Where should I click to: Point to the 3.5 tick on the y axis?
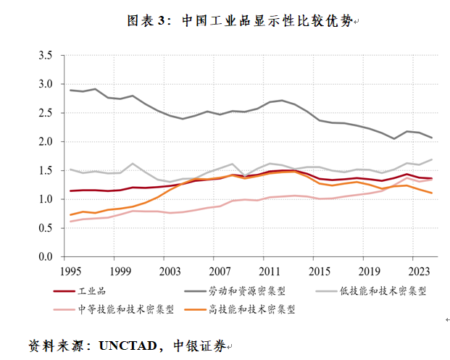45,55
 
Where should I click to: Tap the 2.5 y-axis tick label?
45,113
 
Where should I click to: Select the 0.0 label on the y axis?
45,257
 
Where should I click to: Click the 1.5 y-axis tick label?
45,170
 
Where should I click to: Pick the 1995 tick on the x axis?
70,271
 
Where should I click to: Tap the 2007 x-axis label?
220,271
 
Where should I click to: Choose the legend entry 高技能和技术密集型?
257,309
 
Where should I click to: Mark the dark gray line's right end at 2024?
433,138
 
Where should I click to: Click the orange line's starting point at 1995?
70,215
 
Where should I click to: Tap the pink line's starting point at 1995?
70,222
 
